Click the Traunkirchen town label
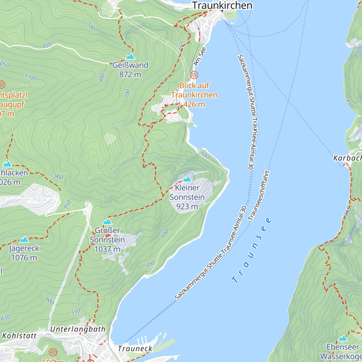[x=222, y=5]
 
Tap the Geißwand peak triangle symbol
[x=130, y=56]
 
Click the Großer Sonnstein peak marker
[x=107, y=222]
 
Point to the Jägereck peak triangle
[x=24, y=240]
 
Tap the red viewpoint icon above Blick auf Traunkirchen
[x=195, y=75]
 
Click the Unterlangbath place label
[x=78, y=329]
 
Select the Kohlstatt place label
[x=19, y=336]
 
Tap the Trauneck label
[x=135, y=349]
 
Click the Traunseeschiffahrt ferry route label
[x=259, y=195]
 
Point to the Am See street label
[x=200, y=56]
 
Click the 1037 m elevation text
[x=107, y=249]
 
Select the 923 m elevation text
[x=187, y=206]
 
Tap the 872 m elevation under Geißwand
[x=130, y=75]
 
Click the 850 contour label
[x=47, y=46]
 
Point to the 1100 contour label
[x=30, y=78]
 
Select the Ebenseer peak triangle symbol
[x=343, y=338]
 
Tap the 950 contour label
[x=68, y=204]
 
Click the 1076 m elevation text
[x=24, y=258]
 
